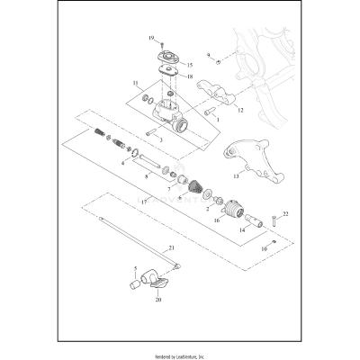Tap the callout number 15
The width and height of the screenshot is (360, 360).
point(188,66)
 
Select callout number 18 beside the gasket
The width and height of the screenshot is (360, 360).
point(188,77)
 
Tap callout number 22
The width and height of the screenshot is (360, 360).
point(285,213)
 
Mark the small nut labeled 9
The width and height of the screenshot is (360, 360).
point(220,60)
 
